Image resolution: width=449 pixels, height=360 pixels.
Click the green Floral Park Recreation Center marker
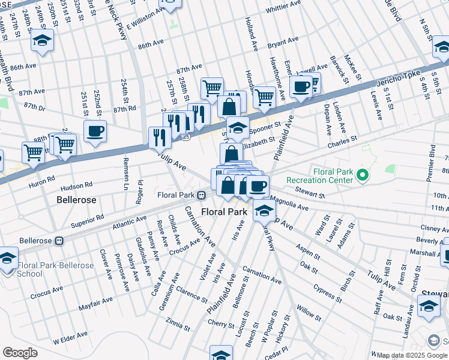[361, 175]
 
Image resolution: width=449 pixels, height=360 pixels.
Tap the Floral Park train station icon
[203, 195]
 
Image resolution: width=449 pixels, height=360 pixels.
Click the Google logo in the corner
[20, 353]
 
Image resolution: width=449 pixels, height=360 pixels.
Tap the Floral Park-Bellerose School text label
[55, 269]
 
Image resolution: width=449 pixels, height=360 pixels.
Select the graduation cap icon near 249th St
[43, 40]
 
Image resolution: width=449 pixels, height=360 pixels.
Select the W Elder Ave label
[71, 340]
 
